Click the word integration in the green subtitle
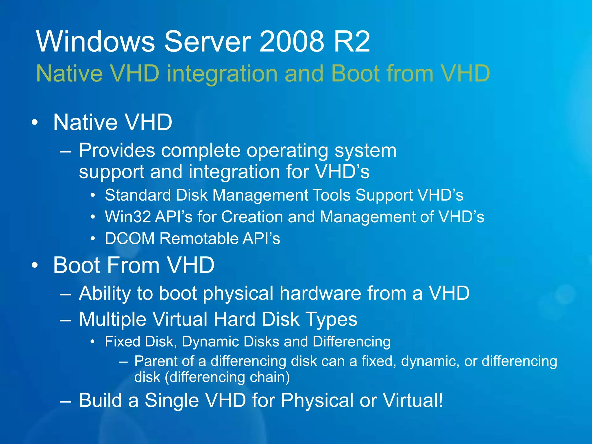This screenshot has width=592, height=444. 222,73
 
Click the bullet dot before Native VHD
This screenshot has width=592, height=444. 35,122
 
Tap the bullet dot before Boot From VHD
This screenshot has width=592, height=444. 35,265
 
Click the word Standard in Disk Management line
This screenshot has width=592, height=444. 138,195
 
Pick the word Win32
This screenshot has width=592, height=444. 128,217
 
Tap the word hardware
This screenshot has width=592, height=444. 320,293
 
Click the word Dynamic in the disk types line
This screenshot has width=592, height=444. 210,341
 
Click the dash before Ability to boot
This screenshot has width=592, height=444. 66,294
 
